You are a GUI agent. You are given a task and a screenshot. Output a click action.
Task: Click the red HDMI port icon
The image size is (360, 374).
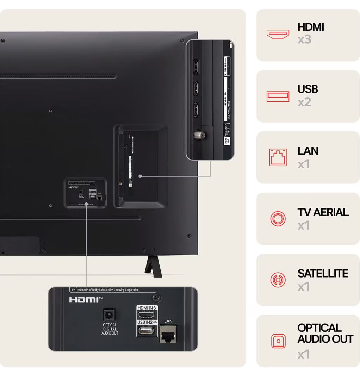(x=278, y=34)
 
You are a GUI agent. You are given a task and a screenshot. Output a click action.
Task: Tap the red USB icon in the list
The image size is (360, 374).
(x=278, y=96)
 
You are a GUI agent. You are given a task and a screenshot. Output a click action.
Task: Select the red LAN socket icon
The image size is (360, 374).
(x=278, y=157)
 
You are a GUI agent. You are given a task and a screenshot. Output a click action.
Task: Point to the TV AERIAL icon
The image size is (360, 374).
(x=278, y=219)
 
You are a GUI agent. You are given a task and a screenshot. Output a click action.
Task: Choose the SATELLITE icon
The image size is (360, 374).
(x=278, y=280)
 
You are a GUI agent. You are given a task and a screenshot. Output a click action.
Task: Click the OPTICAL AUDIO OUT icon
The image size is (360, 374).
(x=278, y=341)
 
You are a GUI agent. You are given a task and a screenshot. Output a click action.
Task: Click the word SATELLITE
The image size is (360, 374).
(x=323, y=274)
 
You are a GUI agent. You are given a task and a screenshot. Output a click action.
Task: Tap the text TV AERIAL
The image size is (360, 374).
(x=323, y=212)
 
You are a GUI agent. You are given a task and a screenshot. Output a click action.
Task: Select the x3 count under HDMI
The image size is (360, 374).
(x=304, y=39)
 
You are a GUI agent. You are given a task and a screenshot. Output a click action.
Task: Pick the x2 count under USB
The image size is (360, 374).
(x=304, y=102)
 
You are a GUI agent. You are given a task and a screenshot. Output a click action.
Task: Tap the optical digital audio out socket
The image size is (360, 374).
(x=110, y=314)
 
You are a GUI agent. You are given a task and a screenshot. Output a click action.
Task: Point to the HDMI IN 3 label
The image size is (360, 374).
(x=147, y=308)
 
